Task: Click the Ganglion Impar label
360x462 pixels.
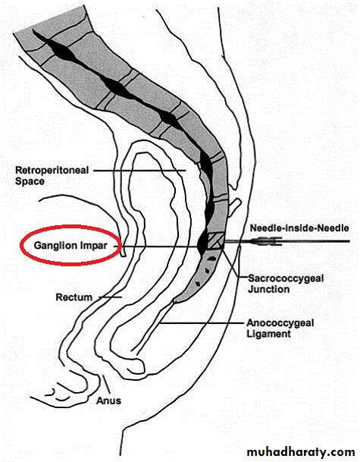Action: coord(70,245)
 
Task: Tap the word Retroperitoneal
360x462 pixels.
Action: coord(52,170)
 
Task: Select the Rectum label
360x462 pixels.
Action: coord(74,297)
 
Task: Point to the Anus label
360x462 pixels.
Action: coord(108,401)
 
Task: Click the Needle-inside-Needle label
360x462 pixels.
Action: coord(299,228)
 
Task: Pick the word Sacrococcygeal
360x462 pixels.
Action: coord(286,278)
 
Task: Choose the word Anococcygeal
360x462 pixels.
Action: coord(280,323)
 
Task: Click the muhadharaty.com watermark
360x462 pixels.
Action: coord(301,451)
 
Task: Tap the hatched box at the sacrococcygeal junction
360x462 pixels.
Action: coord(216,240)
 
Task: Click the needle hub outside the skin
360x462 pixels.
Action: coord(266,241)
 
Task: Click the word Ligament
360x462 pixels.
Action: coord(268,334)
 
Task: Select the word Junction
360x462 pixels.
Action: coord(268,289)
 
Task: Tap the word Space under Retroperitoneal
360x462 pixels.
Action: coord(30,181)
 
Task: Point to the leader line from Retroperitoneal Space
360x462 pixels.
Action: coord(139,170)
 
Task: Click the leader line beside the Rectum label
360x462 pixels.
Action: coord(110,297)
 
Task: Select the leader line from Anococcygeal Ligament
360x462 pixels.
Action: coord(203,323)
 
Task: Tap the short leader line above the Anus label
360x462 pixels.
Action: coord(106,384)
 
